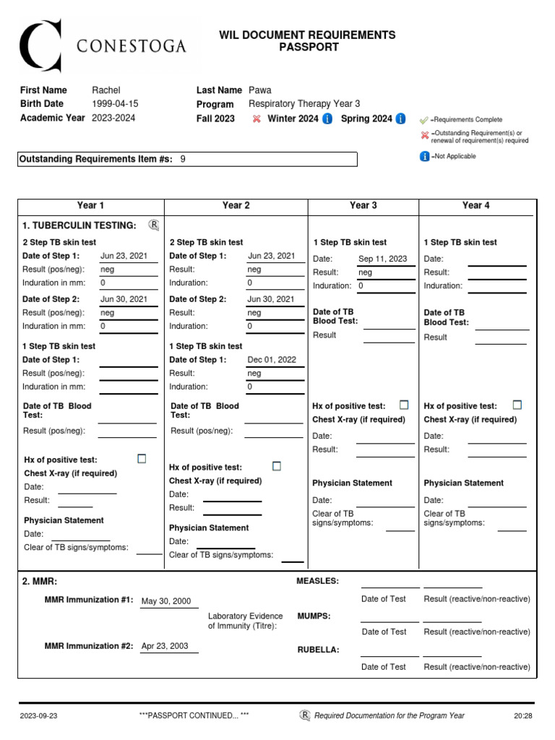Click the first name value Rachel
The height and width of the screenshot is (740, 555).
coord(106,90)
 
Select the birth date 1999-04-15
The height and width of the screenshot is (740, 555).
coord(115,104)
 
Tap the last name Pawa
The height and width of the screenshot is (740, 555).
coord(260,90)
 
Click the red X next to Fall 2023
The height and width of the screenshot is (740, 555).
coord(257,119)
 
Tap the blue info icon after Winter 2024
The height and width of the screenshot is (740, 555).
coord(327,119)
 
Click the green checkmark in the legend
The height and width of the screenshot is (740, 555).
coord(424,120)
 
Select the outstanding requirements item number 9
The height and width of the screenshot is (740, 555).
coord(183,159)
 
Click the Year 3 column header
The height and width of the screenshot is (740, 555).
coord(363,206)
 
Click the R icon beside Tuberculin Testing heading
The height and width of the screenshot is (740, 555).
coord(153,225)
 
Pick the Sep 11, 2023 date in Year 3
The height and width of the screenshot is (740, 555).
coord(382,259)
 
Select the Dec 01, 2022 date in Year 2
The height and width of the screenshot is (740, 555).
coord(272,359)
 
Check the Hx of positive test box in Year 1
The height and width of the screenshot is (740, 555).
coord(142,459)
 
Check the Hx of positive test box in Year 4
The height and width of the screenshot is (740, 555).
coord(517,405)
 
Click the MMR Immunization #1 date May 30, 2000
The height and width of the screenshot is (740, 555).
coord(166,601)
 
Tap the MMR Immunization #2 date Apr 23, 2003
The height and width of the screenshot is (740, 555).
coord(165,646)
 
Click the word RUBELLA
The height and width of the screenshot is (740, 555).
coord(318,650)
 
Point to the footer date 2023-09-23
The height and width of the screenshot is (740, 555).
coord(39,715)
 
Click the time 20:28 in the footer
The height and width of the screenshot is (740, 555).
coord(522,715)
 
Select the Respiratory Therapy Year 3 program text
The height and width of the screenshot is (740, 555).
coord(304,104)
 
